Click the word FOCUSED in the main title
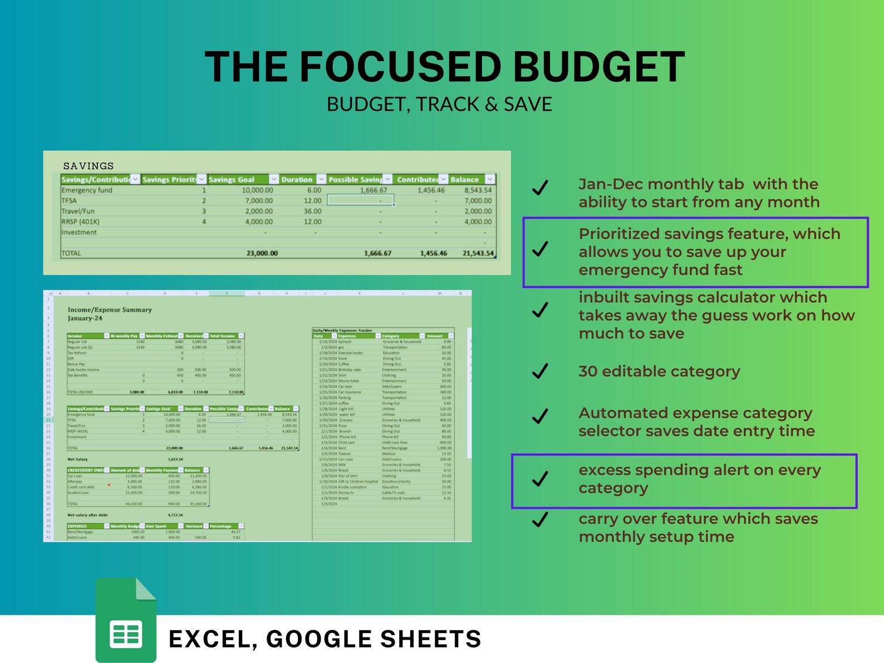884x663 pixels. point(401,67)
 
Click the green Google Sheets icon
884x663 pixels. point(126,620)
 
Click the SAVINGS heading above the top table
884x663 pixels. point(89,166)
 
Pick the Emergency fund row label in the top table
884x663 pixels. point(87,190)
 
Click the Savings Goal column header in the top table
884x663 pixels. point(232,179)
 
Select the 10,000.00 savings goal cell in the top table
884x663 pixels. point(257,190)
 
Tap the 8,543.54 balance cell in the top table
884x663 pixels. point(478,190)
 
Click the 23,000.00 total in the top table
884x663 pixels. point(262,253)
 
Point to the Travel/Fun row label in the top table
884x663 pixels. point(78,211)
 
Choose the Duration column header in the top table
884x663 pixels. point(297,179)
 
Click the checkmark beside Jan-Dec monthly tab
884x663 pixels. point(540,188)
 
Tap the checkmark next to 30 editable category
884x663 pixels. point(540,371)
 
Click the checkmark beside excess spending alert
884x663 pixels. point(540,478)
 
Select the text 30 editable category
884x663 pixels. point(659,371)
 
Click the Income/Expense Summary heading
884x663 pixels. point(110,310)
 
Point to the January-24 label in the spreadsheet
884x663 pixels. point(85,318)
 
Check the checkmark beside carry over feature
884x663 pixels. point(540,519)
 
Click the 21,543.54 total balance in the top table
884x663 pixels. point(478,253)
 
